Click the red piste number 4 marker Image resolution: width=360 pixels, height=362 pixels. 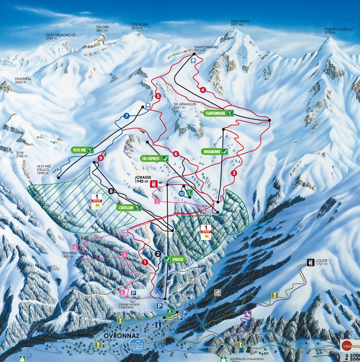point(203,90)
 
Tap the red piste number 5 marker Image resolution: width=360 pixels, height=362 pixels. point(157,96)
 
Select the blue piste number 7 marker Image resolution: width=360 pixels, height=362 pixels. point(127,116)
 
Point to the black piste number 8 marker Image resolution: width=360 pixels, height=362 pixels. point(111,191)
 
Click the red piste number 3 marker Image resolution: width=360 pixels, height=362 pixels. point(234,173)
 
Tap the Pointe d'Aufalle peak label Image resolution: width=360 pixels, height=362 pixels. point(338,31)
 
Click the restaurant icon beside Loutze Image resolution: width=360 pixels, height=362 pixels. point(311,263)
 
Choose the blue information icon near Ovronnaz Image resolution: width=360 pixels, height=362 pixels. point(158,324)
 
